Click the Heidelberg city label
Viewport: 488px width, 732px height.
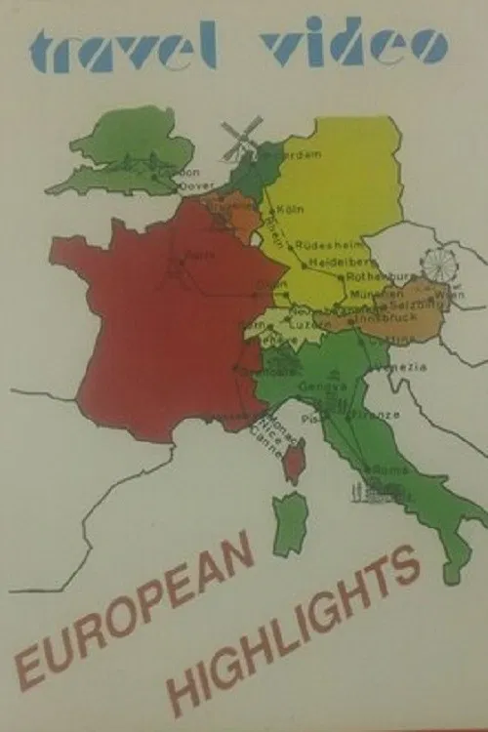point(338,263)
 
